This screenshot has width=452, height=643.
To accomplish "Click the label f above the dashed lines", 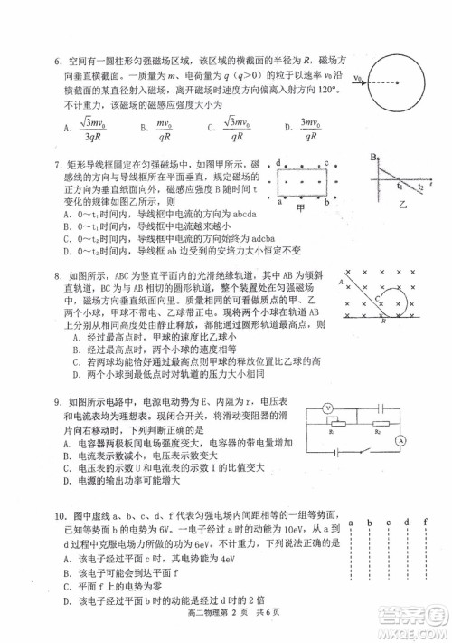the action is coord(424,523).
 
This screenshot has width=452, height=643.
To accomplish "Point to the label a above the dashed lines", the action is coord(345,523).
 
